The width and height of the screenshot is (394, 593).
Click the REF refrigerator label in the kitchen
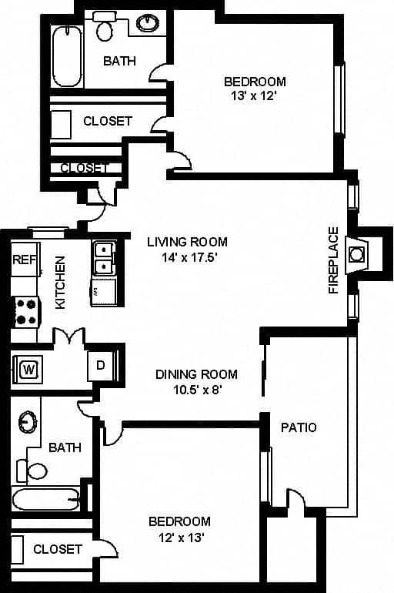[x=21, y=260]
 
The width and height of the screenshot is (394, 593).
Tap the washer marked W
[x=29, y=367]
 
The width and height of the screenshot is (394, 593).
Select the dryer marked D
[x=101, y=365]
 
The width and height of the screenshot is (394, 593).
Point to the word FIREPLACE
[x=333, y=260]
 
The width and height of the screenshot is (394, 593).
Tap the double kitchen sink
[x=103, y=259]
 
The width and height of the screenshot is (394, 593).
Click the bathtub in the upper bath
[x=67, y=57]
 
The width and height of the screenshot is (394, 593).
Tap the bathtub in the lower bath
[x=46, y=500]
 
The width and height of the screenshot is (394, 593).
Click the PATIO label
[x=299, y=427]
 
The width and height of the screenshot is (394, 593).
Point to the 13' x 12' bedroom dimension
[x=255, y=97]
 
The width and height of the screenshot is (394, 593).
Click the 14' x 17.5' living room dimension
[x=187, y=258]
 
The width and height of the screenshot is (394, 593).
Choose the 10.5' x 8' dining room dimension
[x=196, y=390]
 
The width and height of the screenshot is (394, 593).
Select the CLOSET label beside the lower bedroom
[x=58, y=549]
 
